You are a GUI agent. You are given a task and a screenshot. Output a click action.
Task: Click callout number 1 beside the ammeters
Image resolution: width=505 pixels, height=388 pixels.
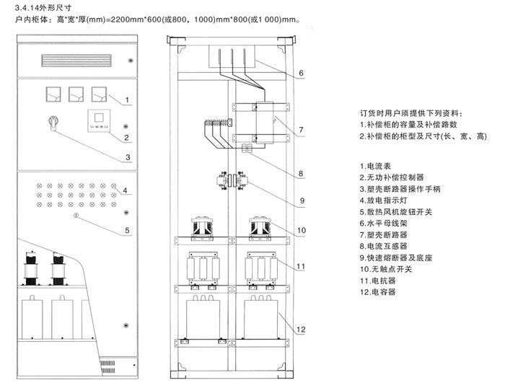(x=126, y=99)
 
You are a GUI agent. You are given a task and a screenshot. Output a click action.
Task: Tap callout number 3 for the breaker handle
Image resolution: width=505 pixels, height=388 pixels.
(x=126, y=156)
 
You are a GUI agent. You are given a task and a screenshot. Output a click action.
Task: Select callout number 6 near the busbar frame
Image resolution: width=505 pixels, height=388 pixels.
(x=301, y=73)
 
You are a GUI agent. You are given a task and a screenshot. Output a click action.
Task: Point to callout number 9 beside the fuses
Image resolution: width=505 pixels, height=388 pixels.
(x=301, y=200)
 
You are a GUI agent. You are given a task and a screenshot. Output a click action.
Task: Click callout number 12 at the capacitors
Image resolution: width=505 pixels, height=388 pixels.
(x=302, y=330)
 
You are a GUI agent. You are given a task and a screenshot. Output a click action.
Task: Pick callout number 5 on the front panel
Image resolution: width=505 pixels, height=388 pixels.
(x=126, y=231)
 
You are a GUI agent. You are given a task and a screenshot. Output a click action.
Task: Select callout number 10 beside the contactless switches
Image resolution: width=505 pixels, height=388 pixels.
(x=302, y=231)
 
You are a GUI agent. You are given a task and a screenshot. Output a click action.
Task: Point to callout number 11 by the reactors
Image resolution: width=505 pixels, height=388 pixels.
(x=302, y=266)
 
